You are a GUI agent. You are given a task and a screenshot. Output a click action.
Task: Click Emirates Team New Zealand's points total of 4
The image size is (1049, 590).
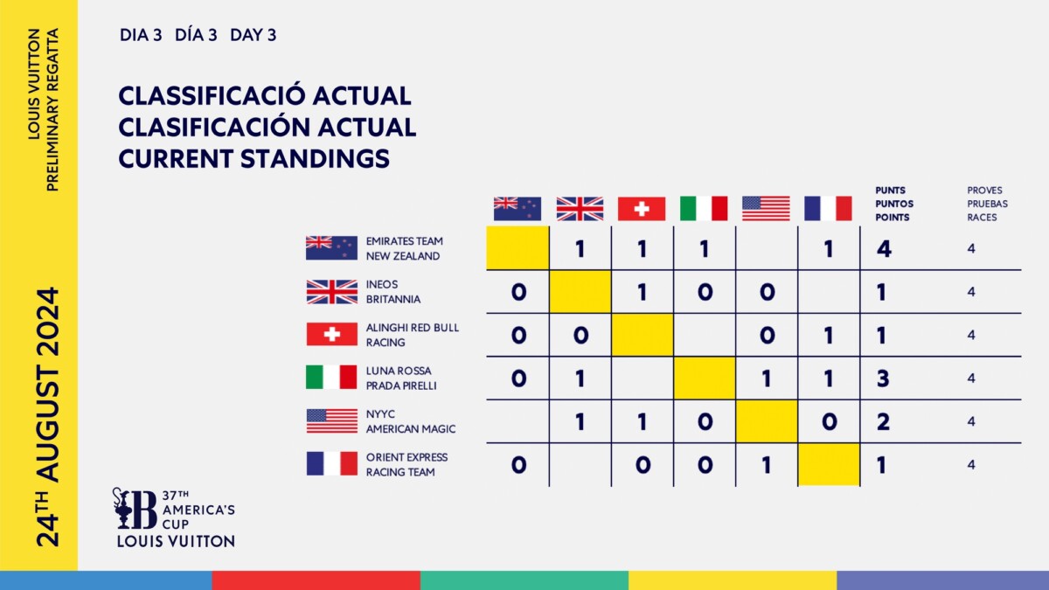coord(883,249)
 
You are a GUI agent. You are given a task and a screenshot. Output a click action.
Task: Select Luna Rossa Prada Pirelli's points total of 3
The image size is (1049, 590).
coord(883,378)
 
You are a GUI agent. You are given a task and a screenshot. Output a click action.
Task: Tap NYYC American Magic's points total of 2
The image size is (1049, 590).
coord(883,422)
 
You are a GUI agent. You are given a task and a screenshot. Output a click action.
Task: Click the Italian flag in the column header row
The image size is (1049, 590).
coord(704,208)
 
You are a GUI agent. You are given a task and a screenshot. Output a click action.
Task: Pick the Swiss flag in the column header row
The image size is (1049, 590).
coord(642,208)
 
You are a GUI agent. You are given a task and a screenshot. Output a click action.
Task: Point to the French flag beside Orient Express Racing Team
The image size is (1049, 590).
coord(331,464)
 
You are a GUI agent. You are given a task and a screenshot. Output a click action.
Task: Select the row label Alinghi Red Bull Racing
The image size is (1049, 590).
coord(413,335)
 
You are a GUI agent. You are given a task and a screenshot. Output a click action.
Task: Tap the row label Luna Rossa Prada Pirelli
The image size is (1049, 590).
coord(401,378)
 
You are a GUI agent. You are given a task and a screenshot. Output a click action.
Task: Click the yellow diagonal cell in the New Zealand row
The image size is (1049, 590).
coord(518,248)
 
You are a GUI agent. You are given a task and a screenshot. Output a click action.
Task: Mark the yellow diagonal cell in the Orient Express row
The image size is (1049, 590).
coord(829,464)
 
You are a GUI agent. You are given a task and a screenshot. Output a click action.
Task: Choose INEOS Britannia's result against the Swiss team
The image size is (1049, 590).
coord(642,292)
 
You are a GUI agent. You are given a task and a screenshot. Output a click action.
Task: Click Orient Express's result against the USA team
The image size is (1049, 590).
coord(766,465)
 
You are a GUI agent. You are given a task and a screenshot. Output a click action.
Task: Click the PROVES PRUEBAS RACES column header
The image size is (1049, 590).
coord(987,203)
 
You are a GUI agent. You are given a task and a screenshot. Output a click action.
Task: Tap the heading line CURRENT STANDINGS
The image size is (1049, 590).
coord(254,158)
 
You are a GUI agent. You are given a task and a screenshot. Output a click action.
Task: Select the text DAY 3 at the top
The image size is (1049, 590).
coord(254,35)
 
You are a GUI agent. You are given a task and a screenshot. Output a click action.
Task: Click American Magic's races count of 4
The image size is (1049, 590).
coord(971,421)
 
